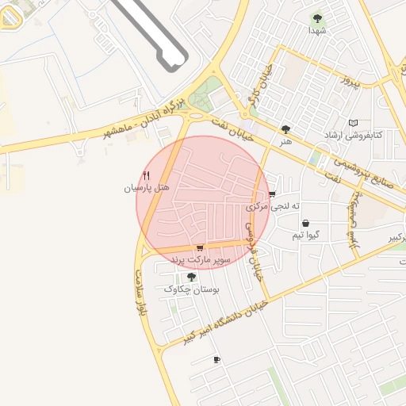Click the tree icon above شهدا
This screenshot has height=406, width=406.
318,17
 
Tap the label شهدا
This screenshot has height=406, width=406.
318,30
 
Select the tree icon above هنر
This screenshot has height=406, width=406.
285,129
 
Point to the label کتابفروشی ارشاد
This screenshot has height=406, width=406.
353,135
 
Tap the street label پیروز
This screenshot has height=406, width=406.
350,80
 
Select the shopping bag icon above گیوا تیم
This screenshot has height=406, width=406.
305,224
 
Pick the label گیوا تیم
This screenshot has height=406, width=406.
306,236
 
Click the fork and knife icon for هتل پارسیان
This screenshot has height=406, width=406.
147,175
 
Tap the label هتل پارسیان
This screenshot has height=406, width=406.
147,188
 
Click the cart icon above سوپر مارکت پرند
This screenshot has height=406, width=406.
199,247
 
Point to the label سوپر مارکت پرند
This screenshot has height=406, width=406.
199,259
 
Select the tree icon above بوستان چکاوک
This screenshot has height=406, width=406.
190,277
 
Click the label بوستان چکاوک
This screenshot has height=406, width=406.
190,289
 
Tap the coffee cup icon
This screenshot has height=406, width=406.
216,360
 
